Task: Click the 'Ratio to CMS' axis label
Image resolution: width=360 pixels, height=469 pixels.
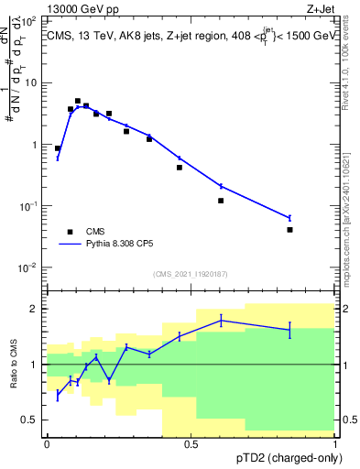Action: tap(15, 365)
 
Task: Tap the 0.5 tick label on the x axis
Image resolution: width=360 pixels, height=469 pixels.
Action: tap(191, 444)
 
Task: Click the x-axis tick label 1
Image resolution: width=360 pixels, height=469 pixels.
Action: tap(334, 444)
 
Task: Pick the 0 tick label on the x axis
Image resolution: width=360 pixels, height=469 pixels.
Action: tap(47, 444)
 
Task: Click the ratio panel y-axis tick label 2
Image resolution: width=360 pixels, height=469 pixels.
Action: tap(35, 309)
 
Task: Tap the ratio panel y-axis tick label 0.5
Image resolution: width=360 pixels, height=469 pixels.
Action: tap(31, 420)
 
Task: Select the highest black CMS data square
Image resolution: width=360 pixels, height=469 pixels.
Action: tap(78, 101)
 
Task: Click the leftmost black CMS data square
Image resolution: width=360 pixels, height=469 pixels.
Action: tap(58, 147)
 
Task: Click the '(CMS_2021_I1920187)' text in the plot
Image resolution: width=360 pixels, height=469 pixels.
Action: tap(191, 274)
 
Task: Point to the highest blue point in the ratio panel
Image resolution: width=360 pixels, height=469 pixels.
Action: tap(221, 320)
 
